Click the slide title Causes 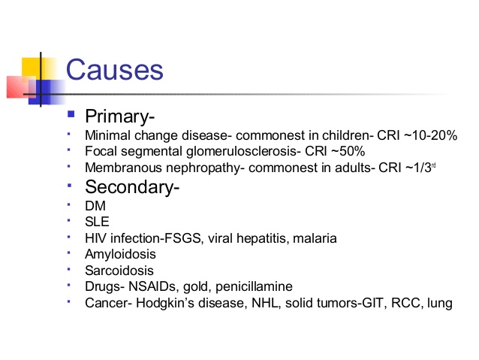tap(114, 70)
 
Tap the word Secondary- tap(132, 188)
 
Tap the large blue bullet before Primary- tap(72, 116)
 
